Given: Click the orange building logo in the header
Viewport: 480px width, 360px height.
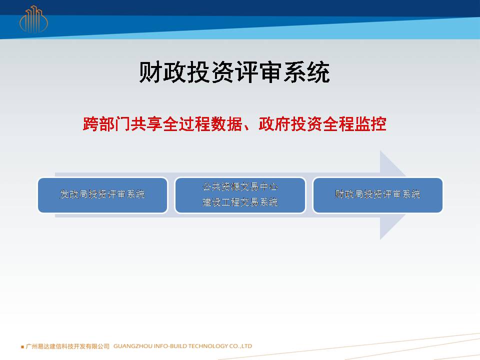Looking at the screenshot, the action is [33, 19].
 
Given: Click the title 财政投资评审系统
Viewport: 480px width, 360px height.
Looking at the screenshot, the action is [234, 72].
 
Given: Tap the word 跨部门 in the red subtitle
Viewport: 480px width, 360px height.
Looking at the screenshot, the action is [106, 124].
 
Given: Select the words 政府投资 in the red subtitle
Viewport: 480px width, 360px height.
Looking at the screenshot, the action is [290, 124].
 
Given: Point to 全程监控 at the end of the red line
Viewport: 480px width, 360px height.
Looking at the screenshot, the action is [354, 124].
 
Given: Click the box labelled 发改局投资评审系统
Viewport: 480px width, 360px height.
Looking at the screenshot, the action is [102, 195].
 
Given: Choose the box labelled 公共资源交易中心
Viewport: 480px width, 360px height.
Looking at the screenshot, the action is [240, 195].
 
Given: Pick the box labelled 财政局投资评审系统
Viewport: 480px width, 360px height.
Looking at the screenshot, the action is [378, 195].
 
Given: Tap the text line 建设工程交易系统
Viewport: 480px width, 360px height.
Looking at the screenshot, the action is [240, 202].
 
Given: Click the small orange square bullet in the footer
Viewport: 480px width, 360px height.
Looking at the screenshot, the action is [22, 347].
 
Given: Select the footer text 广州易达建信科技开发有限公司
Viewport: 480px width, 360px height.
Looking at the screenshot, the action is [67, 346].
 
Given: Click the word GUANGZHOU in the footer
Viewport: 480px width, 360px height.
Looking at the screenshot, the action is [133, 346].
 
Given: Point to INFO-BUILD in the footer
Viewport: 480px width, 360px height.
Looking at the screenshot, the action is [170, 346].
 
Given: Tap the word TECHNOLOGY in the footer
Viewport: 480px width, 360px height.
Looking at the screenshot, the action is [208, 346].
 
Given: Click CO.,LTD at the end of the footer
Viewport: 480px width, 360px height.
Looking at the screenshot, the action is [240, 346].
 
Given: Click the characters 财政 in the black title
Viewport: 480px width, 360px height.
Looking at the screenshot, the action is [163, 72].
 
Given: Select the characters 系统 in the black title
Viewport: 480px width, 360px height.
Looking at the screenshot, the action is [306, 72].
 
